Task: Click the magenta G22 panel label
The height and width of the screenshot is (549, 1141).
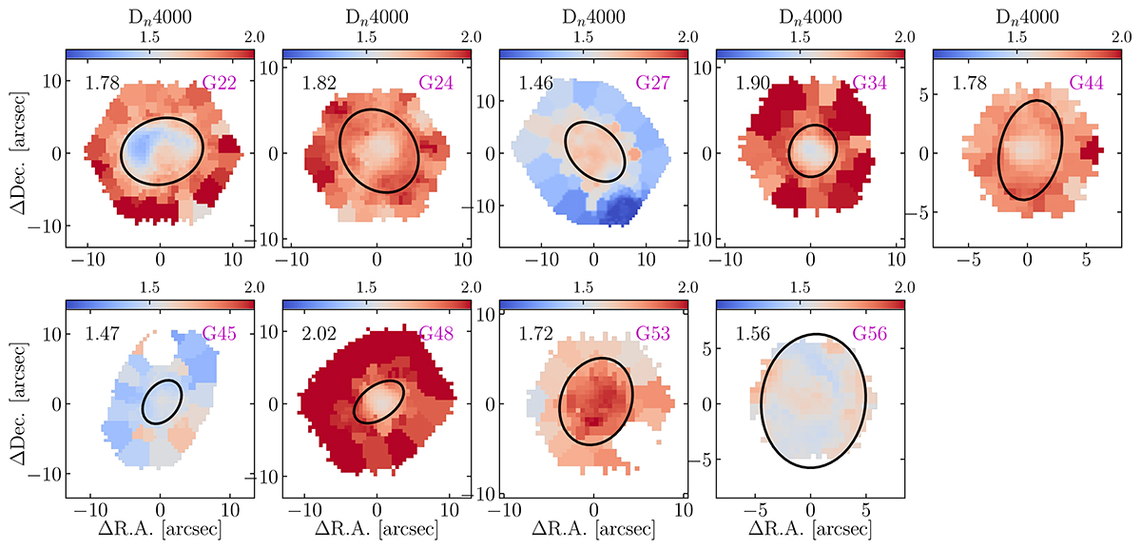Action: [x=226, y=84]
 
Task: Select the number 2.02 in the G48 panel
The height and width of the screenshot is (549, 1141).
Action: [x=319, y=335]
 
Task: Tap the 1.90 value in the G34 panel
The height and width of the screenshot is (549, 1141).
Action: [x=752, y=84]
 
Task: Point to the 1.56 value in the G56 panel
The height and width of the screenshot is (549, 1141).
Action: [x=753, y=335]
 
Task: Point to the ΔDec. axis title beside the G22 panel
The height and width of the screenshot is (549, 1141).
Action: [x=16, y=152]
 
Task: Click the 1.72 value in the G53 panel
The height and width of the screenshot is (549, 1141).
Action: [x=535, y=335]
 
